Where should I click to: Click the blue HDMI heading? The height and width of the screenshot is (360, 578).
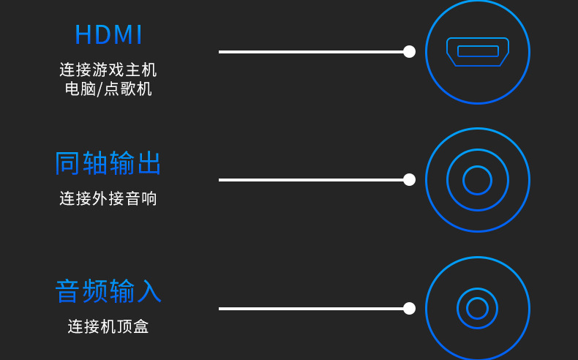point(108,35)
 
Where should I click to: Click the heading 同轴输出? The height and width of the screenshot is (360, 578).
point(108,163)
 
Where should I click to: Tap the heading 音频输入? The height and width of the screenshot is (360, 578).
point(108,291)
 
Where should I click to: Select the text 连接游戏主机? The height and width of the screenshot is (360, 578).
point(108,70)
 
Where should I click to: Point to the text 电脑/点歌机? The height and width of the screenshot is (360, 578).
point(108,89)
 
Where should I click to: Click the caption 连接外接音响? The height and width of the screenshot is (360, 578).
point(108,198)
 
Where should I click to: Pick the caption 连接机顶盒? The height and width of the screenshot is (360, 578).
point(108,326)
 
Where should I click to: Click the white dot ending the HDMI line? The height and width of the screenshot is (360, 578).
point(409,51)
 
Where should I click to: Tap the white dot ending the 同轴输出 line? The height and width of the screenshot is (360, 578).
point(409,179)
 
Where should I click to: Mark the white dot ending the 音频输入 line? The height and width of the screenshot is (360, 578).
point(409,308)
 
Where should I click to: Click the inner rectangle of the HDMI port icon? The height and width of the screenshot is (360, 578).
point(478,51)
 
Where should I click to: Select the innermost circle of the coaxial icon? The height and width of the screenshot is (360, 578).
point(477,180)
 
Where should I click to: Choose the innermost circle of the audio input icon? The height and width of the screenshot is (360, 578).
point(477,308)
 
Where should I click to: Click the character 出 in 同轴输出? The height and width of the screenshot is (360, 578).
point(149,163)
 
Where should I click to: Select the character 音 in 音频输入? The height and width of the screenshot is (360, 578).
point(68,291)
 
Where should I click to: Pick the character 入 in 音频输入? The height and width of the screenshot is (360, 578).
point(149,291)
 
